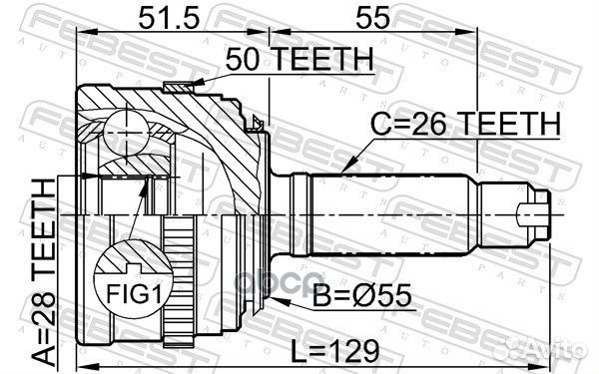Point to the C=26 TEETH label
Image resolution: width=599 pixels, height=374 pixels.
point(466,126)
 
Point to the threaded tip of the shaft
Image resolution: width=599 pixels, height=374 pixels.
point(537,211)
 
